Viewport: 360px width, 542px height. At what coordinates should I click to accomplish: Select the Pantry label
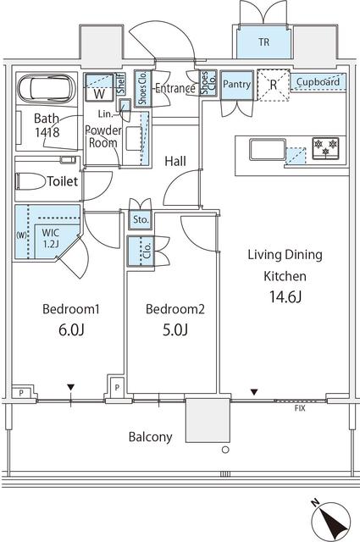(x=237, y=85)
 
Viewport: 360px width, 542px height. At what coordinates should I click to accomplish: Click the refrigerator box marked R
(x=274, y=85)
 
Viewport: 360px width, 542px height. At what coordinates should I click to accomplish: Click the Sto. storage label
(x=140, y=221)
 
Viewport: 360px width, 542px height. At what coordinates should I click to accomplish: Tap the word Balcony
(x=151, y=437)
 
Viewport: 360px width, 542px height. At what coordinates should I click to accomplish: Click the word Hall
(x=175, y=160)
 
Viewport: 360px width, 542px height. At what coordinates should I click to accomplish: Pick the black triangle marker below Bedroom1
(x=71, y=389)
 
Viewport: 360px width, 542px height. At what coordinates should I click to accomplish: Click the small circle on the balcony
(x=224, y=451)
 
